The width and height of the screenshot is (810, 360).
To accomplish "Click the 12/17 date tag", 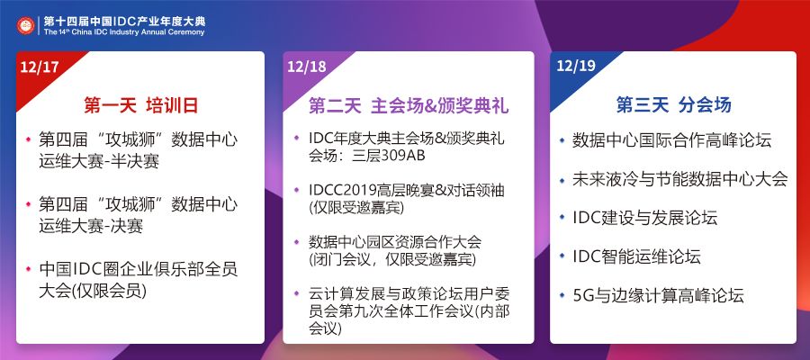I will pyautogui.click(x=39, y=67).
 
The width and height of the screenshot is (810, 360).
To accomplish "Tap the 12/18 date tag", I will pyautogui.click(x=307, y=67).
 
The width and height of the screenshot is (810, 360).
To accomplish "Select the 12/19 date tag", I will pyautogui.click(x=574, y=67).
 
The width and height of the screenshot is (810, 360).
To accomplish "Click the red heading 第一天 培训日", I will pyautogui.click(x=139, y=104).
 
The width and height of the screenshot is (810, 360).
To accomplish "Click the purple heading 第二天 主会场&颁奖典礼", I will pyautogui.click(x=409, y=104).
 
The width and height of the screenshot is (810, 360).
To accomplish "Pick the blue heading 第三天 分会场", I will pyautogui.click(x=673, y=104).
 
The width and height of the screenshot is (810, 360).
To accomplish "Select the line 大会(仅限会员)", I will pyautogui.click(x=93, y=290).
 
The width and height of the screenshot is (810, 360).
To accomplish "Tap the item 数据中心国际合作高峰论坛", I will pyautogui.click(x=671, y=140).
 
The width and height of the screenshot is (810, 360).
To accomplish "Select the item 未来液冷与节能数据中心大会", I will pyautogui.click(x=679, y=179).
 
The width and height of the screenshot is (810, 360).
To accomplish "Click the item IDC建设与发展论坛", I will pyautogui.click(x=644, y=218).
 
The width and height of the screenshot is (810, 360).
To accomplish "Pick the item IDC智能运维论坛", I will pyautogui.click(x=636, y=256).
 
